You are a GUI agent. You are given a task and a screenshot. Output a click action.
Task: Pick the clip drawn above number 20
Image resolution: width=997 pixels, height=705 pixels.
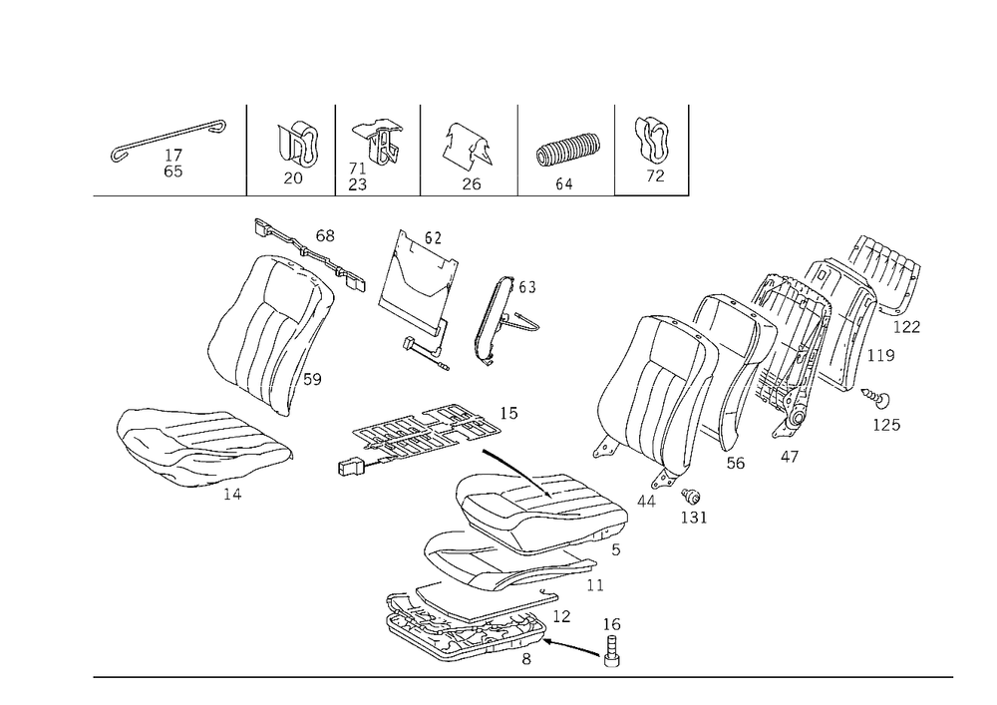point(298,146)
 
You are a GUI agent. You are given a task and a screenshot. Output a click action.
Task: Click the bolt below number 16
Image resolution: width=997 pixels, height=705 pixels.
point(612,651)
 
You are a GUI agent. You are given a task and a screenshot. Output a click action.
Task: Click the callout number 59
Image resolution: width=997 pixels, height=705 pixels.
point(312,380)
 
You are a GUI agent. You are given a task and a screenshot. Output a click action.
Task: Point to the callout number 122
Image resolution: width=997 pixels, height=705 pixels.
point(906,327)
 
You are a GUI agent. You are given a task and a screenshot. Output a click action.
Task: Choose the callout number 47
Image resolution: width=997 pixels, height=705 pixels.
point(789,457)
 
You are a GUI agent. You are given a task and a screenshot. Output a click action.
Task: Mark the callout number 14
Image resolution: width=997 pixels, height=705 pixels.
point(232,494)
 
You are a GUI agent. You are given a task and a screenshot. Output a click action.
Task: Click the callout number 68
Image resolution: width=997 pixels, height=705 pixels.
point(325,236)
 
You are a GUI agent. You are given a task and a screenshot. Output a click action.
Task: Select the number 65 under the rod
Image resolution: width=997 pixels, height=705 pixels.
point(172,172)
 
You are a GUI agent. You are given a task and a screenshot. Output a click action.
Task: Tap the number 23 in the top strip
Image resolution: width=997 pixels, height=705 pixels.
point(357,184)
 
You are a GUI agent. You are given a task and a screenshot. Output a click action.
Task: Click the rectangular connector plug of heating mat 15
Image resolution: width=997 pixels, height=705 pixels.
point(350,468)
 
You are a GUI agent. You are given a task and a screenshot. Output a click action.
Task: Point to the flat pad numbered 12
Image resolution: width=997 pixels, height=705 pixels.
point(487,600)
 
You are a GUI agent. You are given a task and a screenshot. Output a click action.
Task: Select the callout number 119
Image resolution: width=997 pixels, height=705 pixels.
point(881,355)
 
